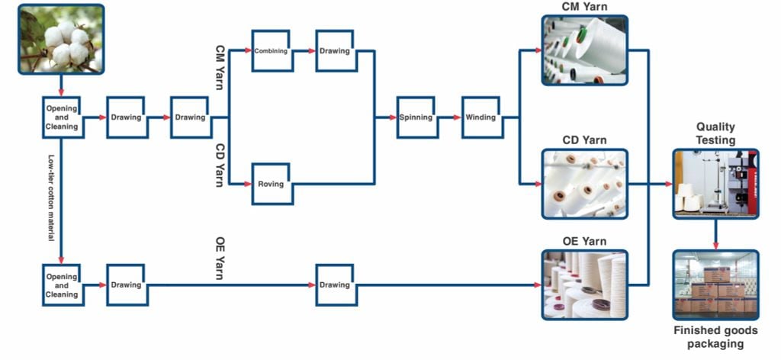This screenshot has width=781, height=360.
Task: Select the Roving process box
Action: click(272, 184)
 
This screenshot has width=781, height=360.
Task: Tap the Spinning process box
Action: click(417, 117)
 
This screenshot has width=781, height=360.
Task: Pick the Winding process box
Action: click(482, 117)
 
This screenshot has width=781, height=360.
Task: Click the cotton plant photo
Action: click(61, 40)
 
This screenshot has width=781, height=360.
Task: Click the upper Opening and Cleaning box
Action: click(62, 117)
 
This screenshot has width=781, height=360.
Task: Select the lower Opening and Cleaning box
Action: click(62, 284)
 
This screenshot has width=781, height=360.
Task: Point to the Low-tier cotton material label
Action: click(51, 198)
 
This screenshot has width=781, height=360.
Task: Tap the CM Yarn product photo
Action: click(585, 50)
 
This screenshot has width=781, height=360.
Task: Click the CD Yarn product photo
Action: click(585, 184)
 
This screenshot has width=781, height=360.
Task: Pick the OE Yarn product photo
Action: click(585, 284)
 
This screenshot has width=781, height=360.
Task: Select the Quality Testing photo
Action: click(715, 184)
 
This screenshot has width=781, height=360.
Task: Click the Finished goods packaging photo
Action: click(715, 284)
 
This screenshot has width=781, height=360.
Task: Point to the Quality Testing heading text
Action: click(715, 133)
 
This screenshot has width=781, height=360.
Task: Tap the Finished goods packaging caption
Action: click(715, 337)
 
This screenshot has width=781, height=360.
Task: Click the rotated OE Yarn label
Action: click(220, 260)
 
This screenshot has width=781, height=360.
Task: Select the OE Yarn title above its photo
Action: click(585, 242)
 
